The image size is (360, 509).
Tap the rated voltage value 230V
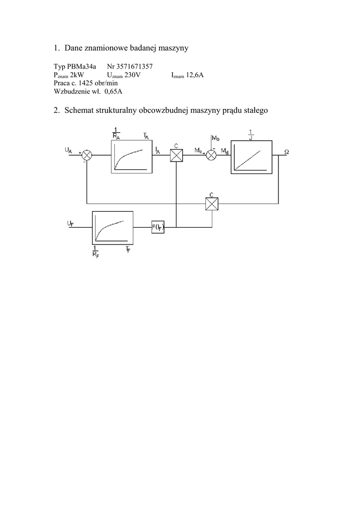pyautogui.click(x=138, y=75)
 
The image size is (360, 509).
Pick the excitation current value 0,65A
pyautogui.click(x=113, y=91)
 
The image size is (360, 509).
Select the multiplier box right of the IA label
pyautogui.click(x=177, y=155)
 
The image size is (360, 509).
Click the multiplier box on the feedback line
pyautogui.click(x=212, y=203)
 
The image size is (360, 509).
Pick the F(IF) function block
pyautogui.click(x=158, y=228)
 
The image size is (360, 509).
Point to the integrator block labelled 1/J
pyautogui.click(x=252, y=158)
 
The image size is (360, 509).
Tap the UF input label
pyautogui.click(x=70, y=224)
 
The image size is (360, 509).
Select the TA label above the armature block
pyautogui.click(x=146, y=136)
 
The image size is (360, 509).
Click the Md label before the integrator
pyautogui.click(x=225, y=150)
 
